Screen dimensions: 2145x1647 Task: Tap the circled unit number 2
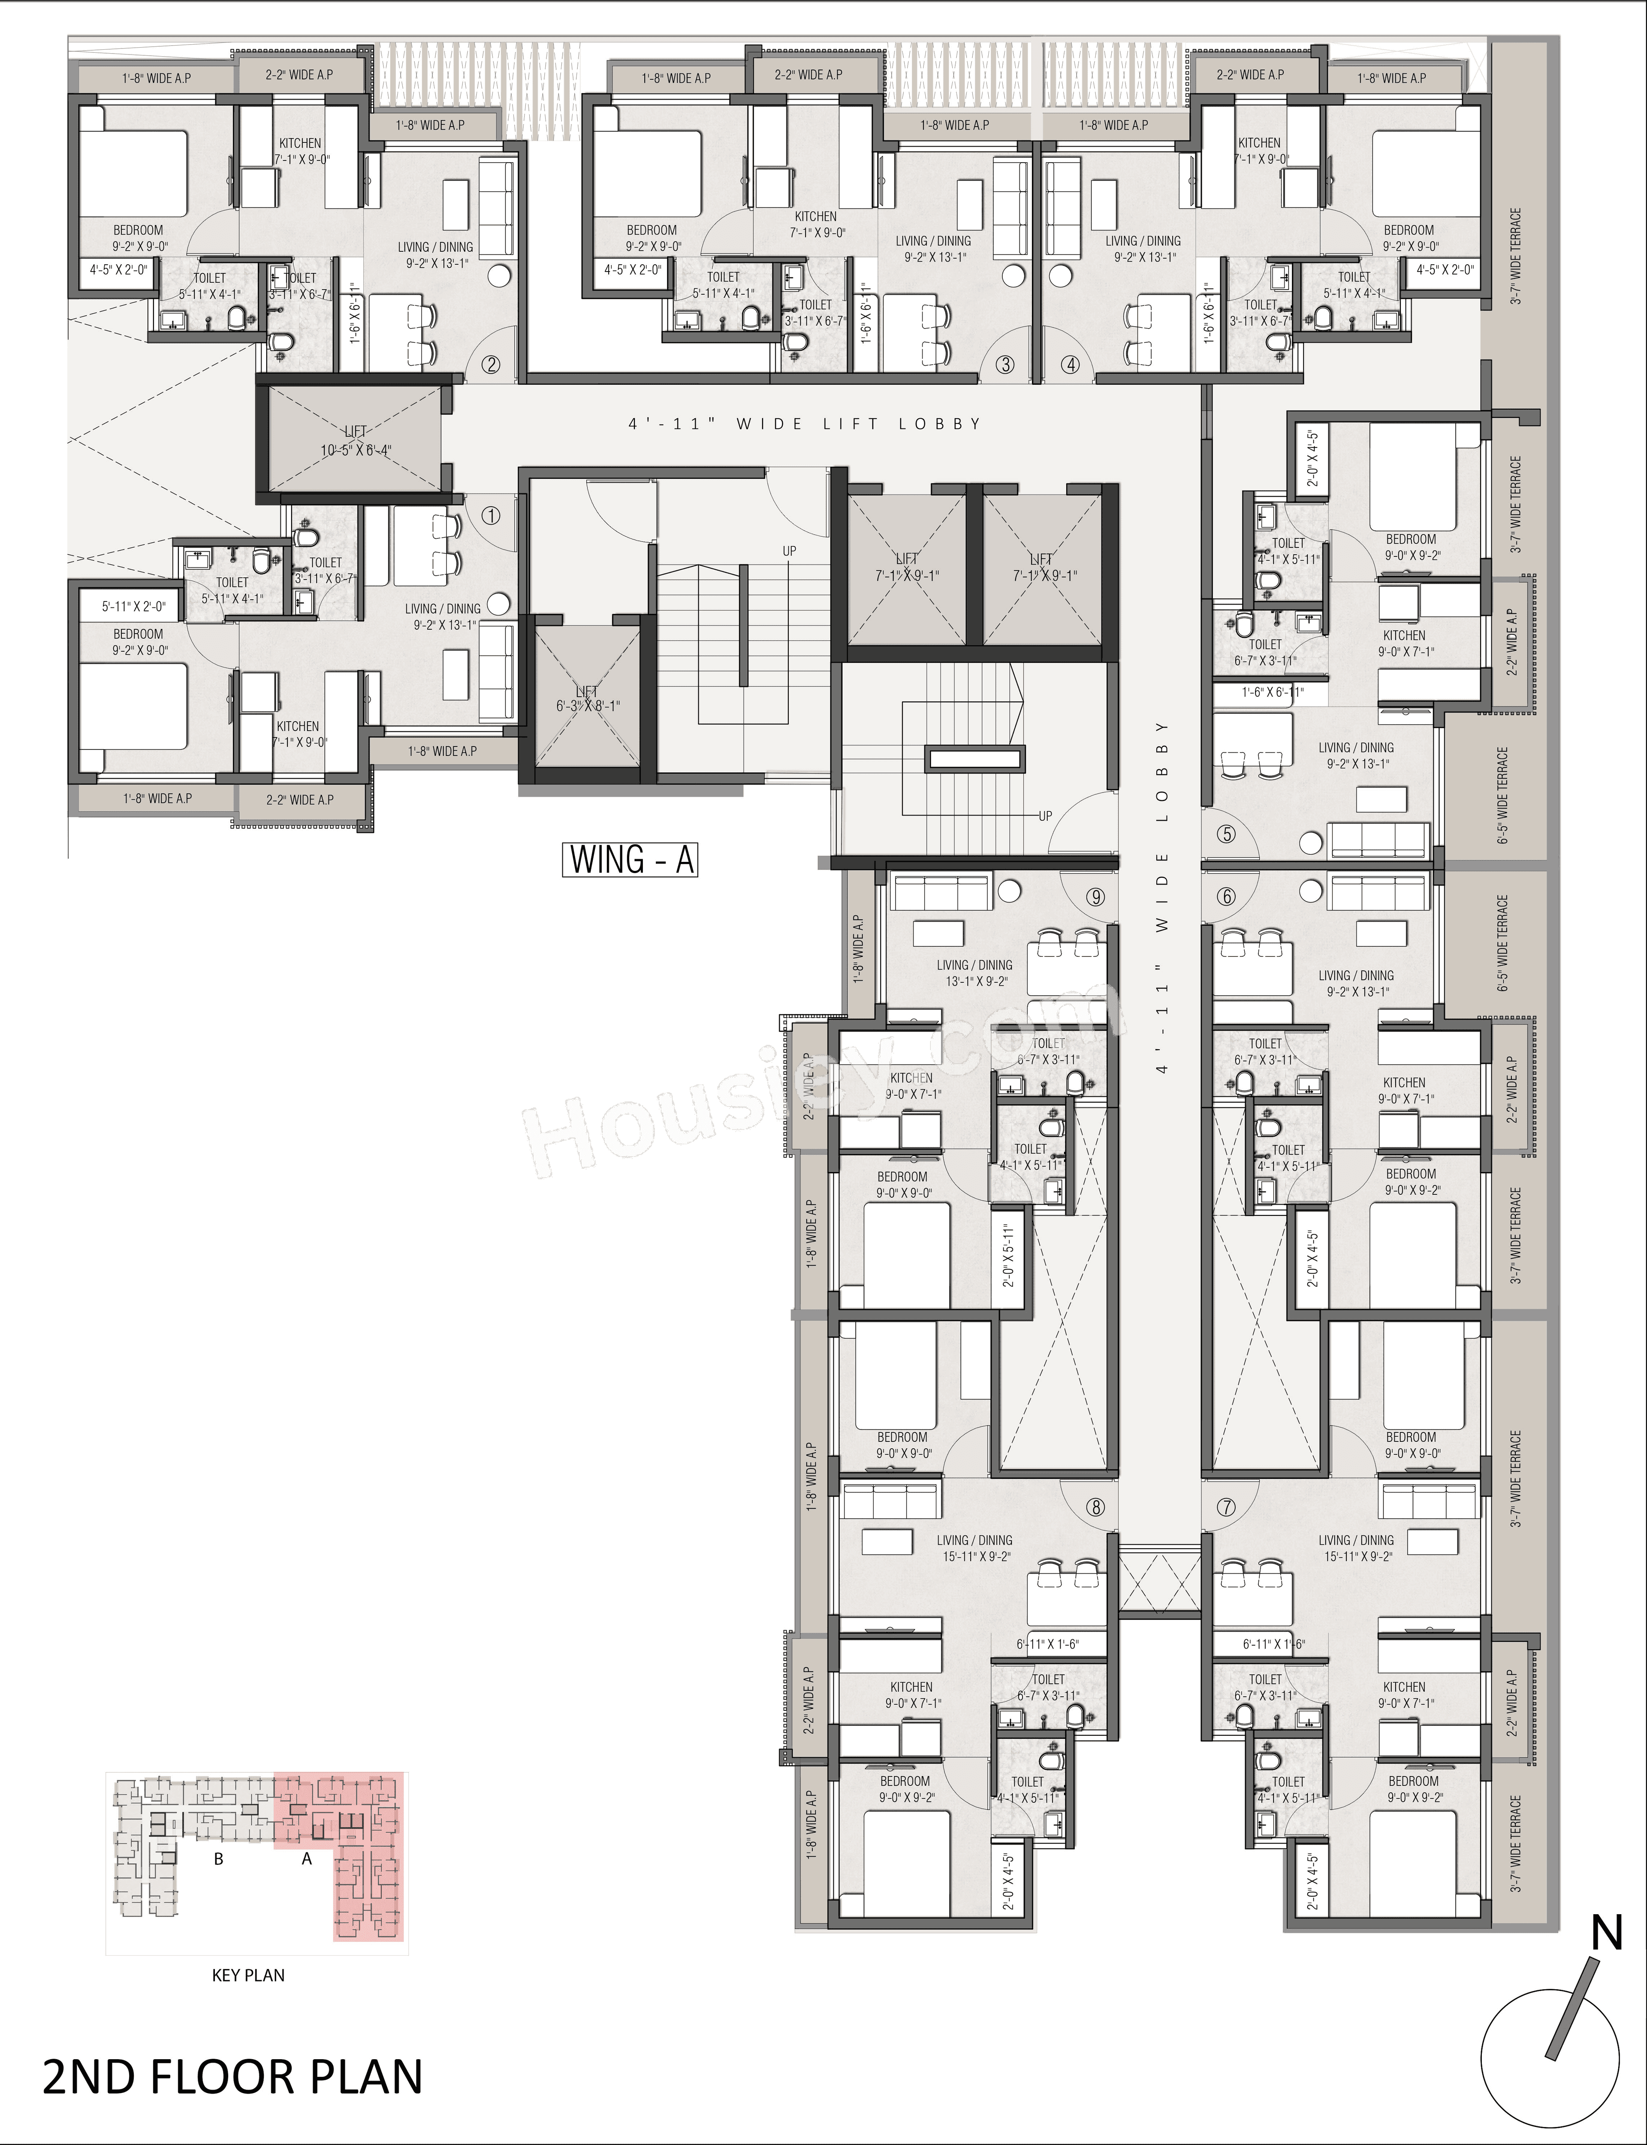[491, 365]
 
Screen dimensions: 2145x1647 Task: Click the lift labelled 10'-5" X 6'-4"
[355, 442]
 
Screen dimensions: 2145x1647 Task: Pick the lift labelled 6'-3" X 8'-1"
[586, 698]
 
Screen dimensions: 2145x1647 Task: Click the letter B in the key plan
[219, 1859]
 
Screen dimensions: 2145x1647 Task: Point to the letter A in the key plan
[307, 1859]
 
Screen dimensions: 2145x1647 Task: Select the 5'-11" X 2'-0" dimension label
[134, 607]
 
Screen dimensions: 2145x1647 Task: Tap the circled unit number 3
[1005, 365]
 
